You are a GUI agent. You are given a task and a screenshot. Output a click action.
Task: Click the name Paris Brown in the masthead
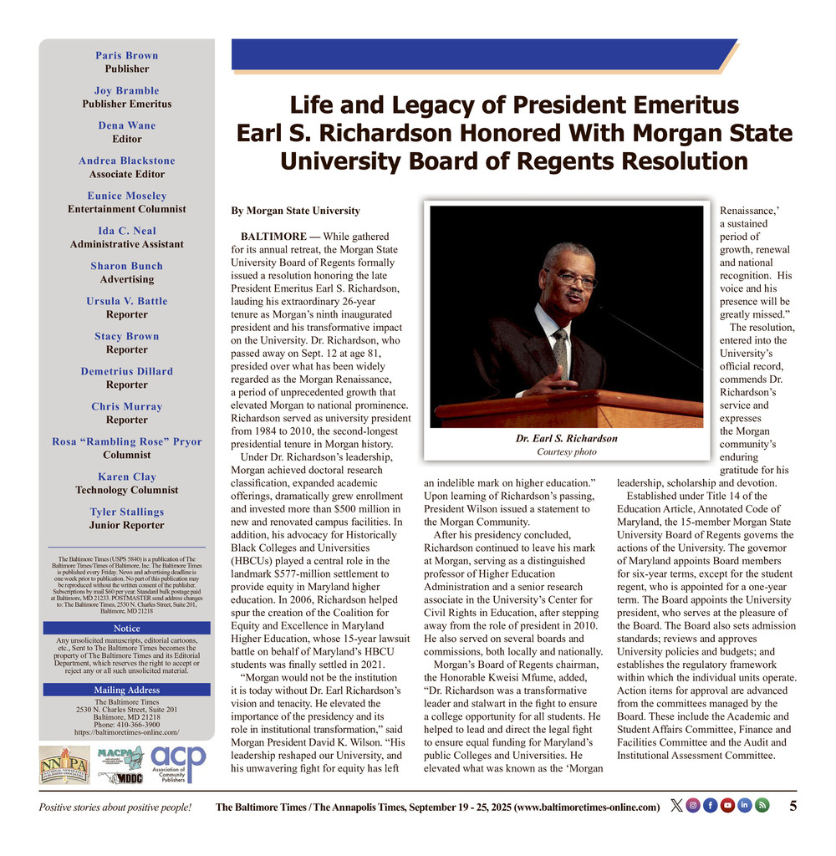127,55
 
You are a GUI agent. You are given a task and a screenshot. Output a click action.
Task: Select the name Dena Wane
127,125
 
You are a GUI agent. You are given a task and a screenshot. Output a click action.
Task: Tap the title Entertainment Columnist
127,209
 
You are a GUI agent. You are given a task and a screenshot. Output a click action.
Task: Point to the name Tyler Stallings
127,512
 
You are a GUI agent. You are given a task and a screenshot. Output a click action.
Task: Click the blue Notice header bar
127,628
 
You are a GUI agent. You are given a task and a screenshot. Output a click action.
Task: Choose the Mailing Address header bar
127,690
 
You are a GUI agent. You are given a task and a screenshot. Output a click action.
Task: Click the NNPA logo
64,765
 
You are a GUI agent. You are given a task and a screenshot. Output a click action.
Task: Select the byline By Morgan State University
295,211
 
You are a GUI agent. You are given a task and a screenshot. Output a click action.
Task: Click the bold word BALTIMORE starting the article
273,237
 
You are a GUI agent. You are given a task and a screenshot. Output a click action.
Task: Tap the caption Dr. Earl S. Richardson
566,438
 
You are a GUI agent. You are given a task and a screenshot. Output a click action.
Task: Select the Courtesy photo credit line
566,452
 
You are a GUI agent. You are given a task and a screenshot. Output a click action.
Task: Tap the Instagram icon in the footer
693,806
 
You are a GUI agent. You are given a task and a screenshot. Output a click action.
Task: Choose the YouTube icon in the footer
727,806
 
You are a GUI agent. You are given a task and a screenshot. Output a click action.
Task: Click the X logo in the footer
676,806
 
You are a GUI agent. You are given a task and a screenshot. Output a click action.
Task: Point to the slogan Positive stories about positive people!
115,807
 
